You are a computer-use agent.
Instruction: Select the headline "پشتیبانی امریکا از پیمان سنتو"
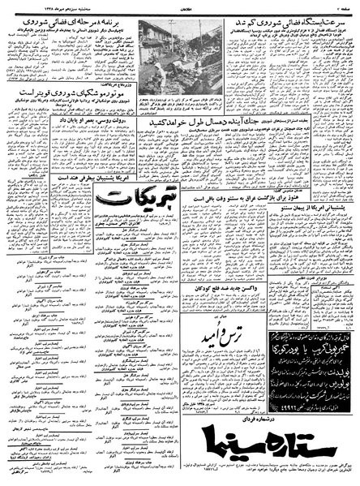tap(312, 210)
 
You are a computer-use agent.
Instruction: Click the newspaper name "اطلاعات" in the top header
tap(179, 5)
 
